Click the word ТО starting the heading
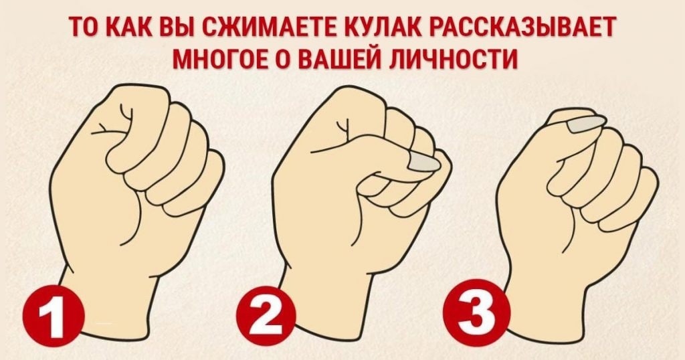85,27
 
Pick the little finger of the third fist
629,201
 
